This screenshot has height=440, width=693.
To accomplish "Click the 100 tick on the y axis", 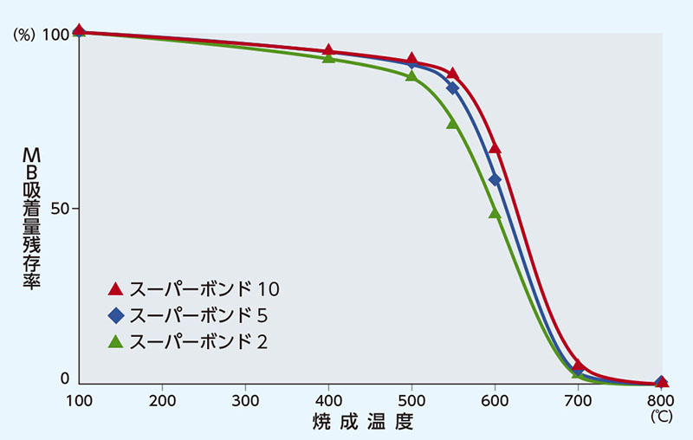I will [56, 34].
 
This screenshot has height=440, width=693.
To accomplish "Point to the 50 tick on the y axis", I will [62, 209].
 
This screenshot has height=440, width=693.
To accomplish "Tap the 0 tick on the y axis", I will [64, 379].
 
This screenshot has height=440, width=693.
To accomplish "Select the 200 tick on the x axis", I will [162, 401].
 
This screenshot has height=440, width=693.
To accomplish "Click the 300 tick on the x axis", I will [245, 401].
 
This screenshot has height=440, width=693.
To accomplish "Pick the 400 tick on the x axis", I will [328, 401].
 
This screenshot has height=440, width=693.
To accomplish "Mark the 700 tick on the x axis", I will [578, 401].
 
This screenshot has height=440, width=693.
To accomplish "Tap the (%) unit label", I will [23, 34].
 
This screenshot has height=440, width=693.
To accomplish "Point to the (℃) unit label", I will [660, 417].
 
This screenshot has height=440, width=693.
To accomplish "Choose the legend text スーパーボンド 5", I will [199, 314].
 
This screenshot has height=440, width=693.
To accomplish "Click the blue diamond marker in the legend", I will [115, 314].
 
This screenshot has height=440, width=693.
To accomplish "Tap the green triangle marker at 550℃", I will [452, 124].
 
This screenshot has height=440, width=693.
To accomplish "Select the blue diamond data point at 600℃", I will [495, 179].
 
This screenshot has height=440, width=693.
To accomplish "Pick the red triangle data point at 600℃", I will [495, 149].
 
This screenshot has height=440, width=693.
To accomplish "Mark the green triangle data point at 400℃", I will [328, 58].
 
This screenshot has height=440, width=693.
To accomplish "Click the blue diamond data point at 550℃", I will [452, 87].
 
